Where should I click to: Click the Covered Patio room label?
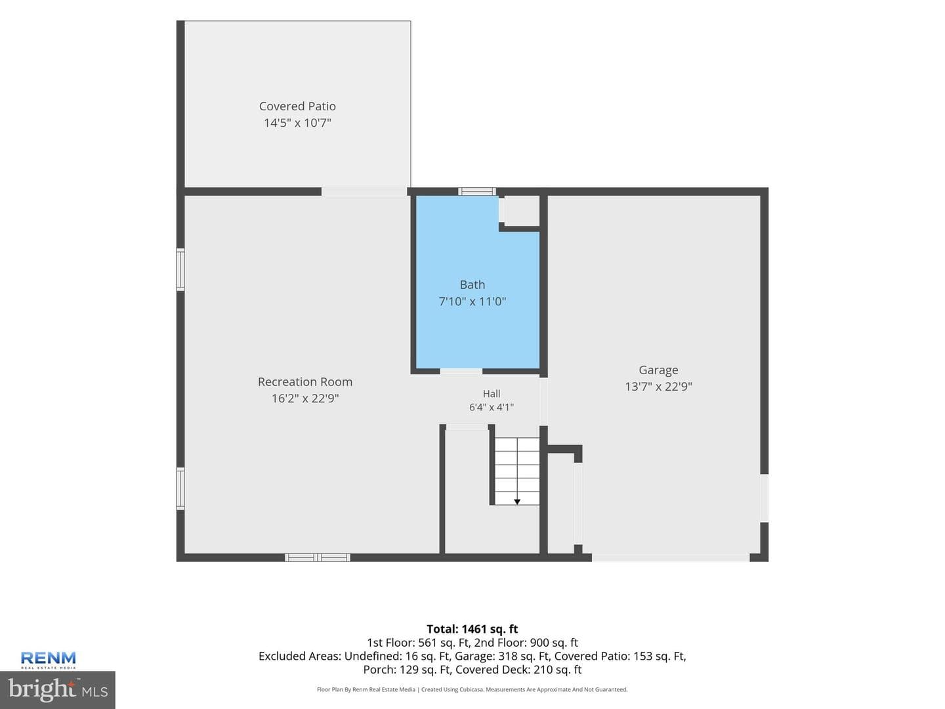point(297,106)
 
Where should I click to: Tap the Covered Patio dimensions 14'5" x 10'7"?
point(297,123)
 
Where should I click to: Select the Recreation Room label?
point(304,382)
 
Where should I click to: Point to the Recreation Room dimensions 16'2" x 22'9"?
point(304,398)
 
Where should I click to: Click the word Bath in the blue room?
point(472,284)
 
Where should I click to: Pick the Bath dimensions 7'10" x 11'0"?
point(472,301)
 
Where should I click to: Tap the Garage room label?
point(658,370)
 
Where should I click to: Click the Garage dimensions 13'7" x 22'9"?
point(658,387)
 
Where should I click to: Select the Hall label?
point(492,393)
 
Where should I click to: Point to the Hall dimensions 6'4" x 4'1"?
point(492,407)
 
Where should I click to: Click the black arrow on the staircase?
point(517,502)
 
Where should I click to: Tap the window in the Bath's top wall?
point(476,192)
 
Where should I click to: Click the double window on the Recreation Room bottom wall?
point(317,557)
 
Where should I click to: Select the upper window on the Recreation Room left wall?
point(181,269)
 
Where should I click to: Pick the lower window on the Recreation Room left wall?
point(181,488)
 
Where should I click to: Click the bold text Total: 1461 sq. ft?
point(472,629)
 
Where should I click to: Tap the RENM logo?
point(48,660)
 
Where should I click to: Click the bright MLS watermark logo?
point(58,689)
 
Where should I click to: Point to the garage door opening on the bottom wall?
point(671,557)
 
